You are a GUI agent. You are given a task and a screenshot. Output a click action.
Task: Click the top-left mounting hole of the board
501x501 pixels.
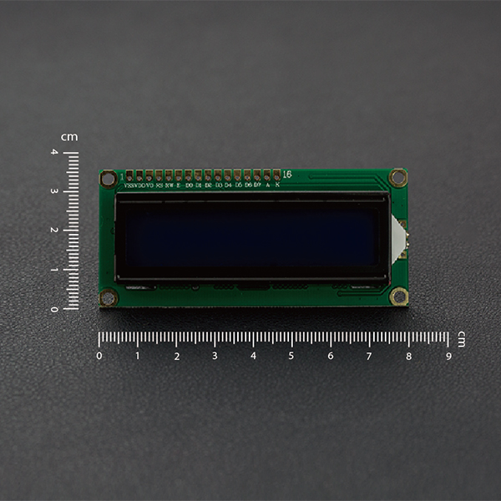click(x=109, y=179)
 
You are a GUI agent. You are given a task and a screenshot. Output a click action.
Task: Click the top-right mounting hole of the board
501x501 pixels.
click(x=398, y=177)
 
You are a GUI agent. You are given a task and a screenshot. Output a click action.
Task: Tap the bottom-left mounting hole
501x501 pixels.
click(x=109, y=297)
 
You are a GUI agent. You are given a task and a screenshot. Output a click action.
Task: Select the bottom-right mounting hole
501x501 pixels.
click(x=399, y=296)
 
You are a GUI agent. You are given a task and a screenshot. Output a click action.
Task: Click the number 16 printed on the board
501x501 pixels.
click(x=287, y=174)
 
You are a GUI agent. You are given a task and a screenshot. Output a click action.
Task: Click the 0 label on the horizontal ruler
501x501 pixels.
click(x=99, y=356)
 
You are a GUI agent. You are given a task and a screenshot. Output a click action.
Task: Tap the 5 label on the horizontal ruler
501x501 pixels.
click(x=291, y=356)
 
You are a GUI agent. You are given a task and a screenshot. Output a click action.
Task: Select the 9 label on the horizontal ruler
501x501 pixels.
click(x=448, y=356)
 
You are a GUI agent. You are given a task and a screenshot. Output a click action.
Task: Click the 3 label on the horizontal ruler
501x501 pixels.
click(x=215, y=356)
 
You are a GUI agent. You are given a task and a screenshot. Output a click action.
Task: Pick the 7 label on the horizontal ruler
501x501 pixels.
click(x=369, y=356)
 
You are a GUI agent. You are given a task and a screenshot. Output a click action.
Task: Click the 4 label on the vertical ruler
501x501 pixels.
click(x=54, y=152)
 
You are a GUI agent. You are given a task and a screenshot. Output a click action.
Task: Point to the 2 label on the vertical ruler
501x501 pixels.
click(x=54, y=230)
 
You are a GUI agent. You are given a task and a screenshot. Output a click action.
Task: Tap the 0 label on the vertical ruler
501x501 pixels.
click(x=54, y=309)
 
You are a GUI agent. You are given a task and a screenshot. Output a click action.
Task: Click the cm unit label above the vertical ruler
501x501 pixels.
click(x=69, y=136)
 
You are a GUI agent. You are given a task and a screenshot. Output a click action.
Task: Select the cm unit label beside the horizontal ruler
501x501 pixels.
click(x=461, y=337)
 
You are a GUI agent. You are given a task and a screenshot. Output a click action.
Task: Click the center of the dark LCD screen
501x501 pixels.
click(x=252, y=237)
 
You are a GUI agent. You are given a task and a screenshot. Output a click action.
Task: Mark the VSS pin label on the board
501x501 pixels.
click(x=130, y=185)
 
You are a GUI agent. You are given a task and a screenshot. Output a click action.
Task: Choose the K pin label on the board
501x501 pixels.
click(x=277, y=185)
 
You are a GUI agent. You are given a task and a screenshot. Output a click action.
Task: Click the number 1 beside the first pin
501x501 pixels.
click(x=122, y=177)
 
